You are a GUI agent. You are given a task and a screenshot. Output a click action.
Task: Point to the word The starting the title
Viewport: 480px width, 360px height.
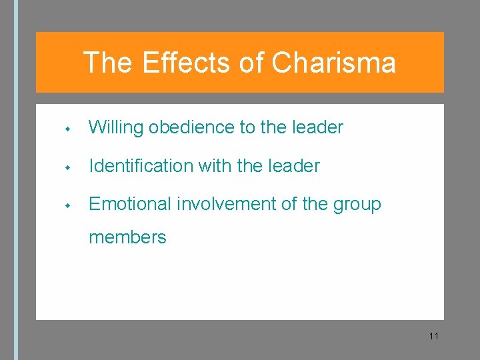(107, 63)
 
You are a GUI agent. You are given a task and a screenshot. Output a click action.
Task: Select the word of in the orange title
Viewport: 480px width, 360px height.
(251, 63)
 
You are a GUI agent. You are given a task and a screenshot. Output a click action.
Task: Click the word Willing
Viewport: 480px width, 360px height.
(116, 127)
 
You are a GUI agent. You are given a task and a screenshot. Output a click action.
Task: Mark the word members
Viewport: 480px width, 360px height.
(127, 237)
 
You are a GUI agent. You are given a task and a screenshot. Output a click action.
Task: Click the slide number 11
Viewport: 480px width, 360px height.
(434, 336)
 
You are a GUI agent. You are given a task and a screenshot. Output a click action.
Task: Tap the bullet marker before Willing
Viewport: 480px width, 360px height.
(69, 128)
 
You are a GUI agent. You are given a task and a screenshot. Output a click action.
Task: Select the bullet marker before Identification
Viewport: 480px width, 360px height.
(69, 167)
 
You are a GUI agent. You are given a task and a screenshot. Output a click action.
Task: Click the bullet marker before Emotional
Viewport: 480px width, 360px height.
(69, 205)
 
